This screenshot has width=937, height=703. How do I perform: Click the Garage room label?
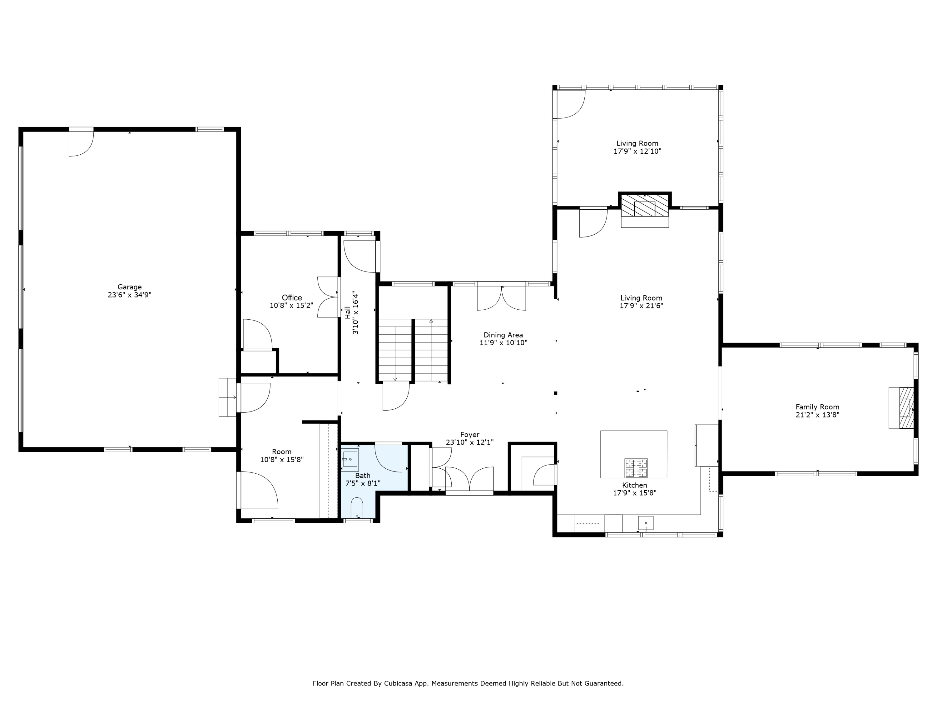[x=130, y=287]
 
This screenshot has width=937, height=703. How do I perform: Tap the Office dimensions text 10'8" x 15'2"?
[x=291, y=305]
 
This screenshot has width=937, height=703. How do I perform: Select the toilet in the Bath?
[x=357, y=507]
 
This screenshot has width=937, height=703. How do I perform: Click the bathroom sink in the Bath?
[x=350, y=460]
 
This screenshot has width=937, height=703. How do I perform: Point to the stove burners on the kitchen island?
[x=636, y=468]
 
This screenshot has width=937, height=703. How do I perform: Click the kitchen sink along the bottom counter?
[x=646, y=523]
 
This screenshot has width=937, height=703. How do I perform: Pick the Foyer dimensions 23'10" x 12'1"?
[x=470, y=442]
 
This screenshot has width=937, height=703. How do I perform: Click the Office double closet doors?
[x=329, y=297]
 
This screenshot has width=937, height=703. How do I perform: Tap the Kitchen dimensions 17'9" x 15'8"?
[x=635, y=493]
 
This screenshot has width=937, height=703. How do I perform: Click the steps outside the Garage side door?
[x=227, y=397]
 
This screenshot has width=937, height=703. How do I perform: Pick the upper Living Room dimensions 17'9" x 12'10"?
[x=637, y=151]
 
